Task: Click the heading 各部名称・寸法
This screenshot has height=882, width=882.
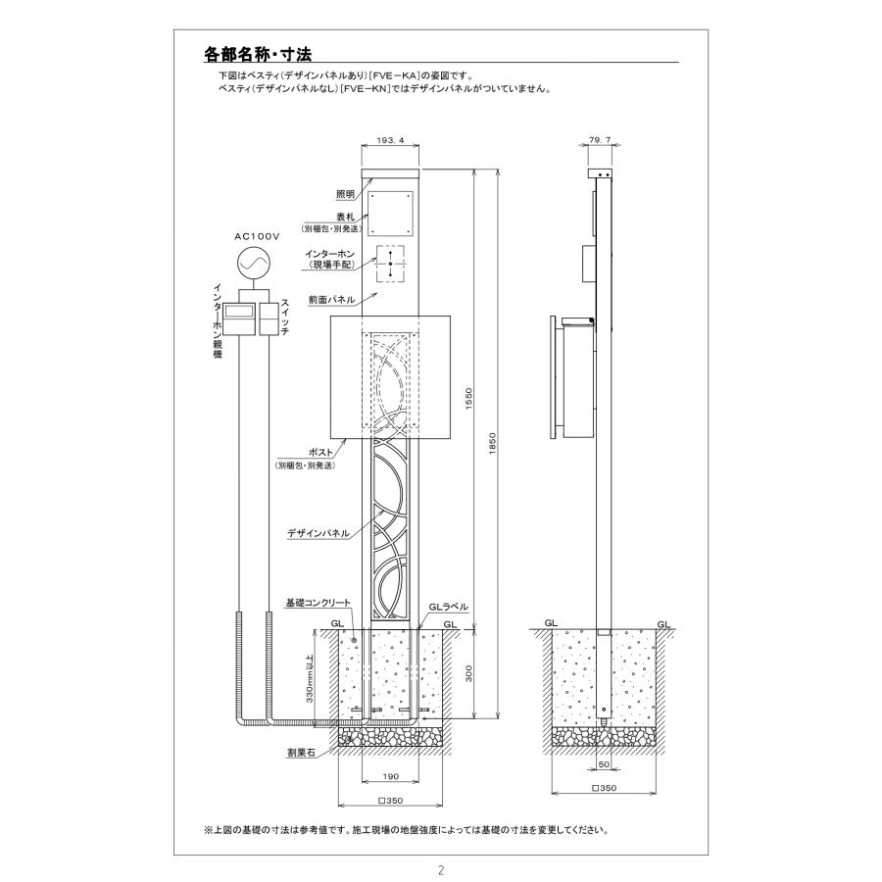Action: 259,55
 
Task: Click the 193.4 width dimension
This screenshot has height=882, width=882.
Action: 391,141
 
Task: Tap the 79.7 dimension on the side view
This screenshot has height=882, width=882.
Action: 602,141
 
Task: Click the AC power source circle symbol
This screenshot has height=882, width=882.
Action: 252,264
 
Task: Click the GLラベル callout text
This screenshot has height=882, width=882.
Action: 447,608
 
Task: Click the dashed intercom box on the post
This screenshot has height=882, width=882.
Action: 391,263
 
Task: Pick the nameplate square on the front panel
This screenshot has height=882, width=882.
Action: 391,211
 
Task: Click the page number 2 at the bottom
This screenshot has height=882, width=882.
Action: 441,869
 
